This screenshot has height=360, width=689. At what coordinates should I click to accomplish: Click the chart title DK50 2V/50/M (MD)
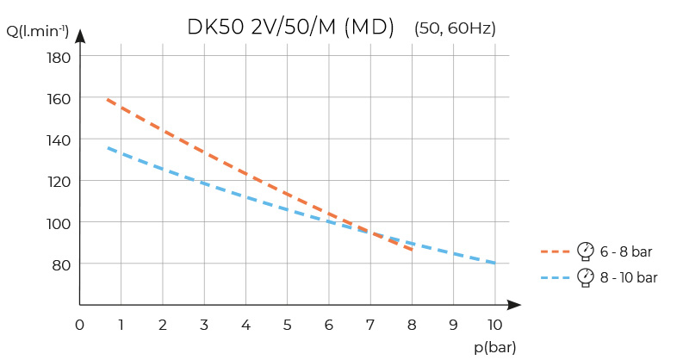[x=290, y=28]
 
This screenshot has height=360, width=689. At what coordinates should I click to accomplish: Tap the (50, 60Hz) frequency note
[x=455, y=28]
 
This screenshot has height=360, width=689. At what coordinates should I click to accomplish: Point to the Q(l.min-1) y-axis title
[x=38, y=33]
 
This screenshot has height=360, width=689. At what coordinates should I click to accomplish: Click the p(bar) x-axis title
[x=495, y=346]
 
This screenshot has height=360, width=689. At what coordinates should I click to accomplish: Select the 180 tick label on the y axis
[x=58, y=57]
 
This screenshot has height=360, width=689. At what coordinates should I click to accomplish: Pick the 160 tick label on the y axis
[x=58, y=98]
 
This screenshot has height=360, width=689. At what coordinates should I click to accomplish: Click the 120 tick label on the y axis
[x=58, y=181]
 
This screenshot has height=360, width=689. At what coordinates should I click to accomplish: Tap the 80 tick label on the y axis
[x=60, y=264]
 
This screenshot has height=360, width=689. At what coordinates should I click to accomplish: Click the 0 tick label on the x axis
[x=79, y=325]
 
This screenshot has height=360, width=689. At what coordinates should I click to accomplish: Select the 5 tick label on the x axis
[x=287, y=325]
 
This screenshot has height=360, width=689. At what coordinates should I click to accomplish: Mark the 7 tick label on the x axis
[x=369, y=325]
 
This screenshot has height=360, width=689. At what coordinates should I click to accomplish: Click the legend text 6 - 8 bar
[x=626, y=251]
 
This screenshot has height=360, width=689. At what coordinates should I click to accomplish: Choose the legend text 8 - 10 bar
[x=629, y=277]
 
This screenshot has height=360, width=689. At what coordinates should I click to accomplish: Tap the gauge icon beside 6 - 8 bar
[x=587, y=251]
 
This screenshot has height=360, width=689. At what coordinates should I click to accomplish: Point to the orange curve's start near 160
[x=108, y=100]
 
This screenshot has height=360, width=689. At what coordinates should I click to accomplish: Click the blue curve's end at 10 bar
[x=494, y=264]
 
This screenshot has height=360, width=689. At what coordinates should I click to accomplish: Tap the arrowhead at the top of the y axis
[x=79, y=35]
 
